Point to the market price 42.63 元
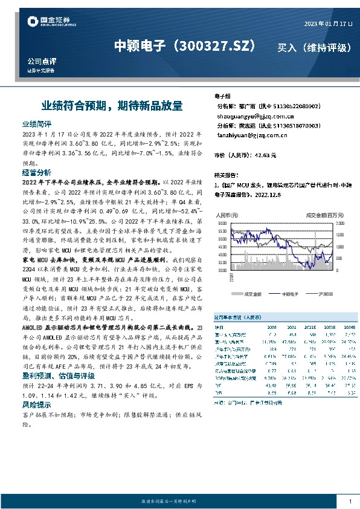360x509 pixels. (265, 155)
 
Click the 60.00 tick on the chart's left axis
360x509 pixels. (221, 224)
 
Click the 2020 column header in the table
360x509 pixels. (272, 327)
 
